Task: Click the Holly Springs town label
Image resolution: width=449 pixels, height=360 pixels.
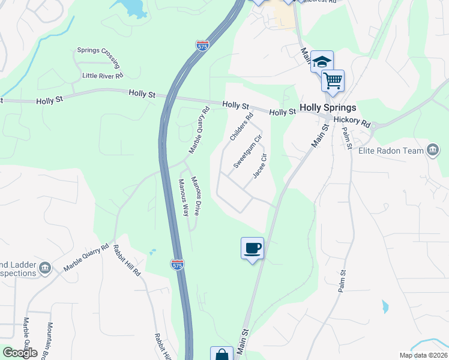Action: [x=328, y=108]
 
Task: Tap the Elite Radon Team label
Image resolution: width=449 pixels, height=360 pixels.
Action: [x=391, y=151]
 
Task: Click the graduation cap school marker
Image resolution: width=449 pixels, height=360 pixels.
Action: [x=322, y=62]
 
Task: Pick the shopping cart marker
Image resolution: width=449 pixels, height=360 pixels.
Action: [x=333, y=80]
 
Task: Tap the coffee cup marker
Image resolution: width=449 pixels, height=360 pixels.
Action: [x=253, y=248]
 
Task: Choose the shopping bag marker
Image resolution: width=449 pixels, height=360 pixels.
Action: [x=221, y=355]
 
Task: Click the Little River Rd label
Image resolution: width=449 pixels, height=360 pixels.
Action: [x=103, y=76]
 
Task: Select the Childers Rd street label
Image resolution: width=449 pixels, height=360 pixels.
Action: [x=242, y=127]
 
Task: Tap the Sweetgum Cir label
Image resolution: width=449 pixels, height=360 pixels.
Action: [x=248, y=151]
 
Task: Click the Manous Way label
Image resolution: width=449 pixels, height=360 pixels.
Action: [x=183, y=197]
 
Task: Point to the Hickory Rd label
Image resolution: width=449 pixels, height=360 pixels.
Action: [x=352, y=122]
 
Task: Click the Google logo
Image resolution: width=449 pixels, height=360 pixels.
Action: [x=19, y=353]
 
